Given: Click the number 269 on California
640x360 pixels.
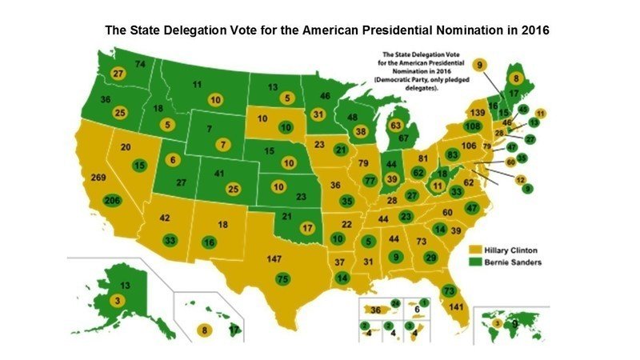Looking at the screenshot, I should point(100,178).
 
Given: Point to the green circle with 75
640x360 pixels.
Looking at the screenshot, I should point(282,279).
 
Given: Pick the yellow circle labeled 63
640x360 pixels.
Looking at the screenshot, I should point(394,125).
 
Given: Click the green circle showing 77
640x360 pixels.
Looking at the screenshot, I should point(370,181).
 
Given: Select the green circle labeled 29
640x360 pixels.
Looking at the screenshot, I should point(431,257).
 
